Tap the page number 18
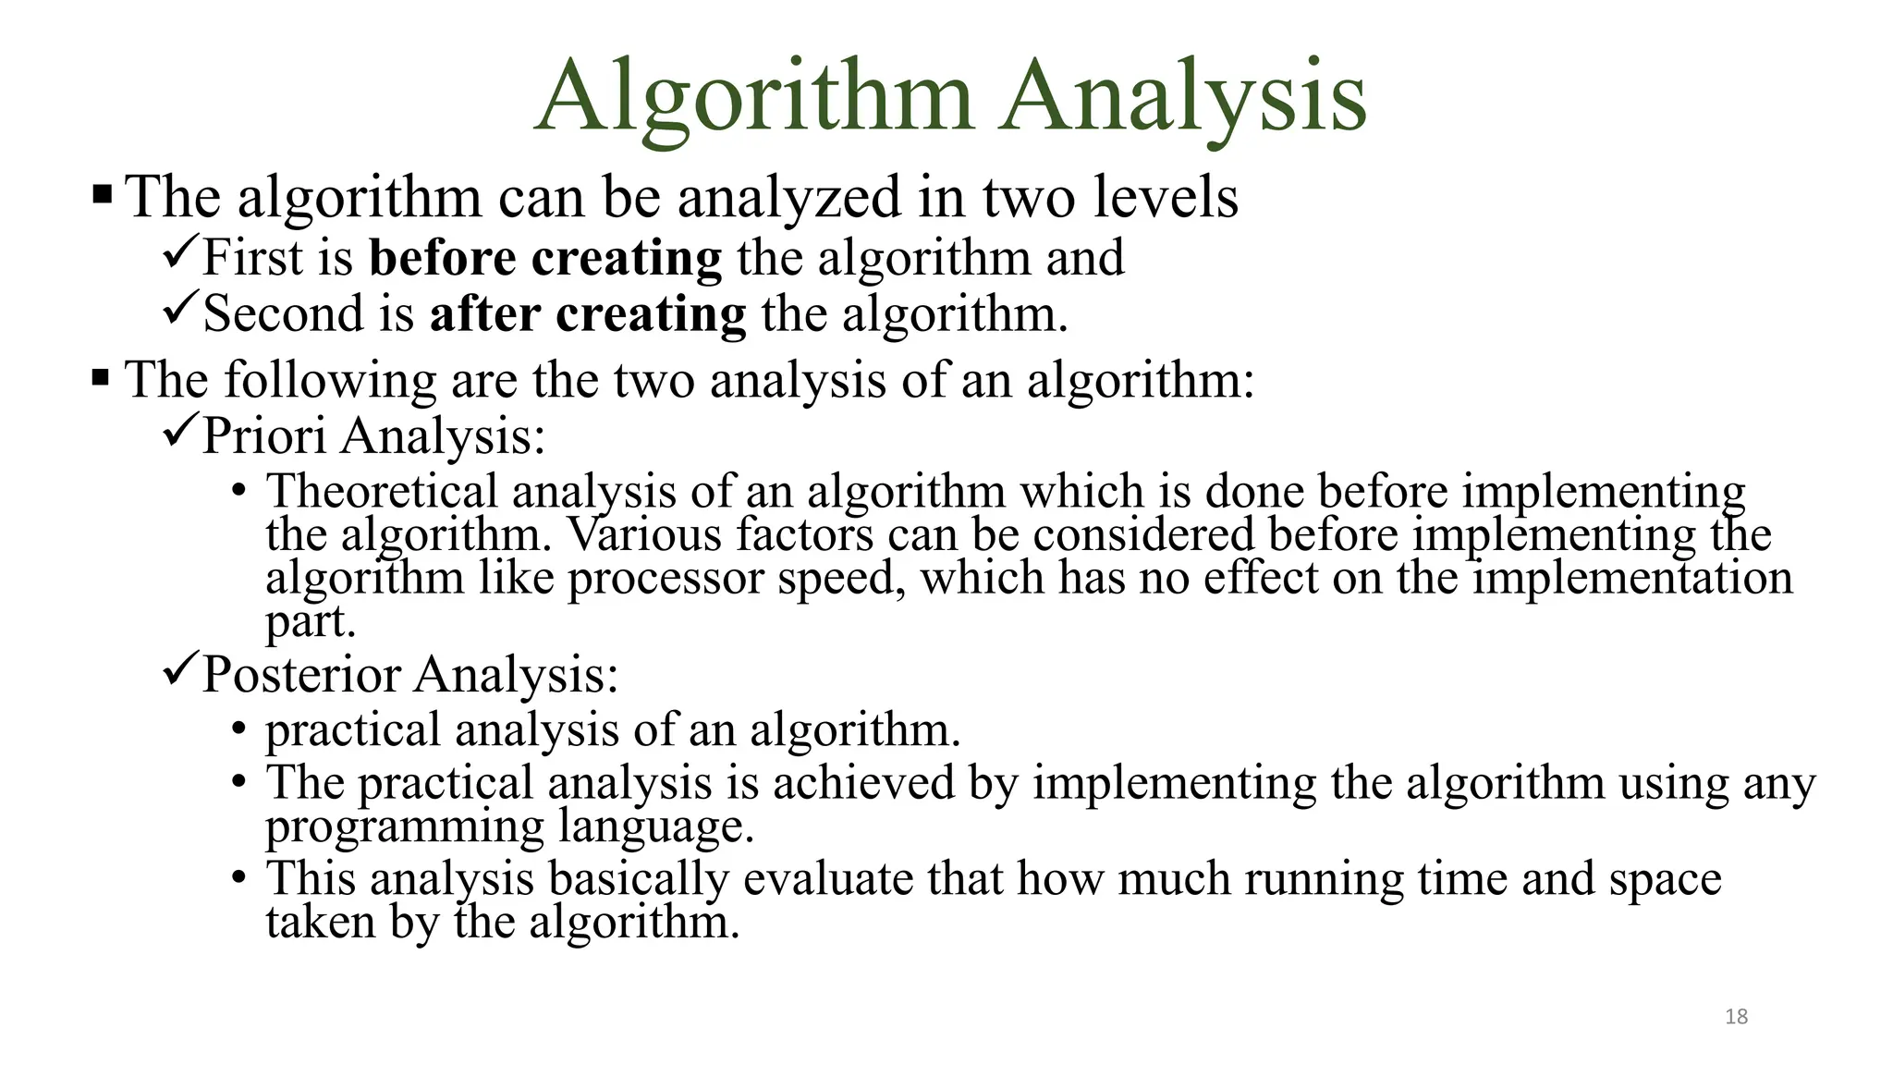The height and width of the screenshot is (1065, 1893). point(1736,1017)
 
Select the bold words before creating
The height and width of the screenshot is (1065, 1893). point(545,258)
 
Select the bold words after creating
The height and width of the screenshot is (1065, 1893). point(588,314)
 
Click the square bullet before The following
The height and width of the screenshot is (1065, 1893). point(101,378)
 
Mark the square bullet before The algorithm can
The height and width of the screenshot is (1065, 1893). point(102,195)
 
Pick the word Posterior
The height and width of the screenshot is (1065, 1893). point(300,674)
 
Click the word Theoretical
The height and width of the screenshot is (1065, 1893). point(382,491)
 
